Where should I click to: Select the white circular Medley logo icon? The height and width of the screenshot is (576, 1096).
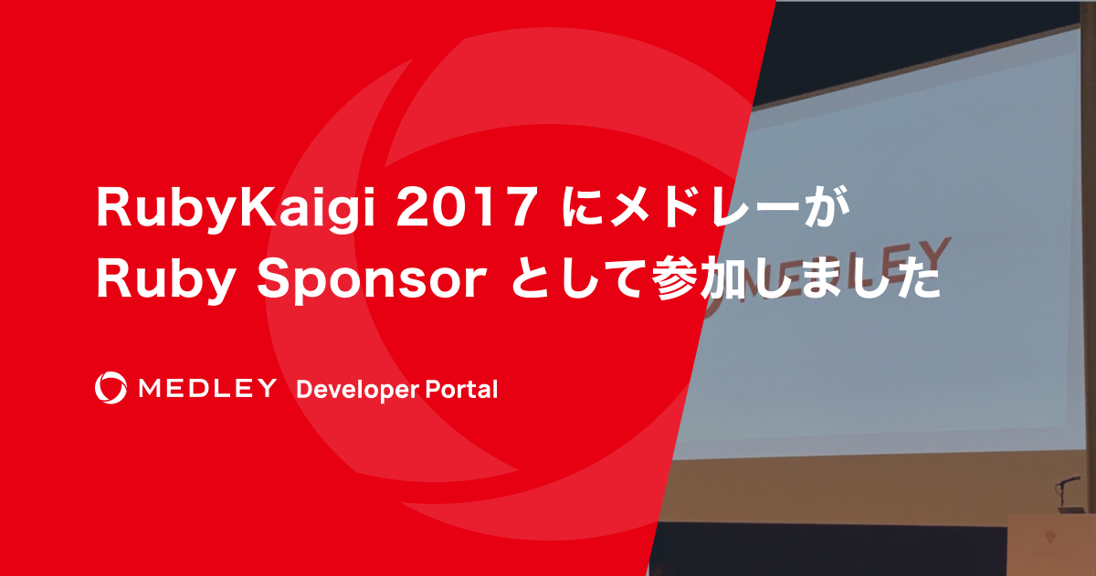(111, 388)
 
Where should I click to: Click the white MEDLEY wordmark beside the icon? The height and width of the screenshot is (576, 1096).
(206, 389)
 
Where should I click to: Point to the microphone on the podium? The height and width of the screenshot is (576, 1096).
(1069, 480)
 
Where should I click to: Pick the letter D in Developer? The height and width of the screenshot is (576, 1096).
(305, 389)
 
